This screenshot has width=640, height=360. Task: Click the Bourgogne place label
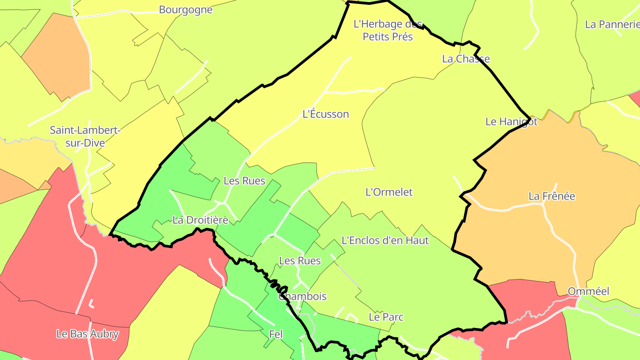(x=186, y=10)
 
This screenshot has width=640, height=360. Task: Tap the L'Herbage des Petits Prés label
(x=388, y=30)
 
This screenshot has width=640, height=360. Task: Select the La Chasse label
(x=466, y=59)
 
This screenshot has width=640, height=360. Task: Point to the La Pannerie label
(x=612, y=24)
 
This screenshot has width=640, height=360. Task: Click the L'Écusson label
(x=326, y=114)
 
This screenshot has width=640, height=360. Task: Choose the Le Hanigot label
(x=511, y=121)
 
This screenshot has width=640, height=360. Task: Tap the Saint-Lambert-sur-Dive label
(x=85, y=136)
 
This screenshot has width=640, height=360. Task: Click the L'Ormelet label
(x=389, y=192)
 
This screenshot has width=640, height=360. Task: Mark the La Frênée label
(x=552, y=196)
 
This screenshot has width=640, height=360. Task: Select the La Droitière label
(x=200, y=220)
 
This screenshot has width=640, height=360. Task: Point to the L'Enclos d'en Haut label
(x=385, y=240)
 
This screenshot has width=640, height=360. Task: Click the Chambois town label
(x=303, y=296)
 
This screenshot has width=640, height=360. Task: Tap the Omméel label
(x=588, y=292)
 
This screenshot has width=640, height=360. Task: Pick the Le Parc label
(x=386, y=317)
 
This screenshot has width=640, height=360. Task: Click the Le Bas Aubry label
(x=88, y=334)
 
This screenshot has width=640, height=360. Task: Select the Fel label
(x=276, y=334)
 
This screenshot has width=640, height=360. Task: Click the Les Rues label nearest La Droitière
(x=244, y=181)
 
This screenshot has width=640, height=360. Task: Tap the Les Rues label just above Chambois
(x=300, y=260)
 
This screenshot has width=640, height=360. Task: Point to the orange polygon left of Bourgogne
(x=56, y=58)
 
